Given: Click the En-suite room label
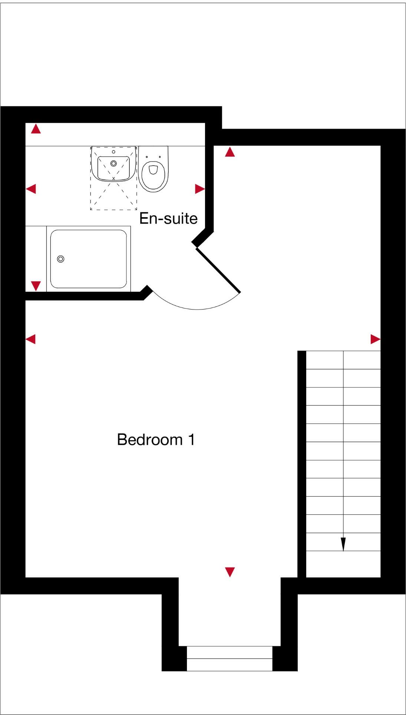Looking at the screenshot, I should tap(168, 218).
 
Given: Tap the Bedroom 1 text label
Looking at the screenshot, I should tap(155, 440).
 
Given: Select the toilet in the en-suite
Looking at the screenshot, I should tap(153, 171).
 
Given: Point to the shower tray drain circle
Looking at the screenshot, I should tap(61, 259).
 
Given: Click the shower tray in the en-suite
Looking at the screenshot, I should tap(89, 259).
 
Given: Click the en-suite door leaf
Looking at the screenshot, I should tap(218, 270).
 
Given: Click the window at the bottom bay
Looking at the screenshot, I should tap(230, 658).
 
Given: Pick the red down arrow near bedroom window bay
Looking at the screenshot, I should tap(230, 572).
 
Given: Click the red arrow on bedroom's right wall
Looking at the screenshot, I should tap(375, 339).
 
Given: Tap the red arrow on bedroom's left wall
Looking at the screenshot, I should tap(31, 339).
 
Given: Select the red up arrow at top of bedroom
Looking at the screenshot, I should tap(230, 152).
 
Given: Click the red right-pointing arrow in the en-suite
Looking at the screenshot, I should tap(199, 189).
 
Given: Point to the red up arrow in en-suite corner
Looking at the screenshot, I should tap(36, 129).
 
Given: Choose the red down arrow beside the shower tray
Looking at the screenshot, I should tap(36, 285).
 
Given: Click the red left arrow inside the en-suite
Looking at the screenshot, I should tap(31, 189).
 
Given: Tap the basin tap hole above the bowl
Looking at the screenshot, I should tap(113, 152).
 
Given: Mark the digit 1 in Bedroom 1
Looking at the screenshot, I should tap(191, 440).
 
